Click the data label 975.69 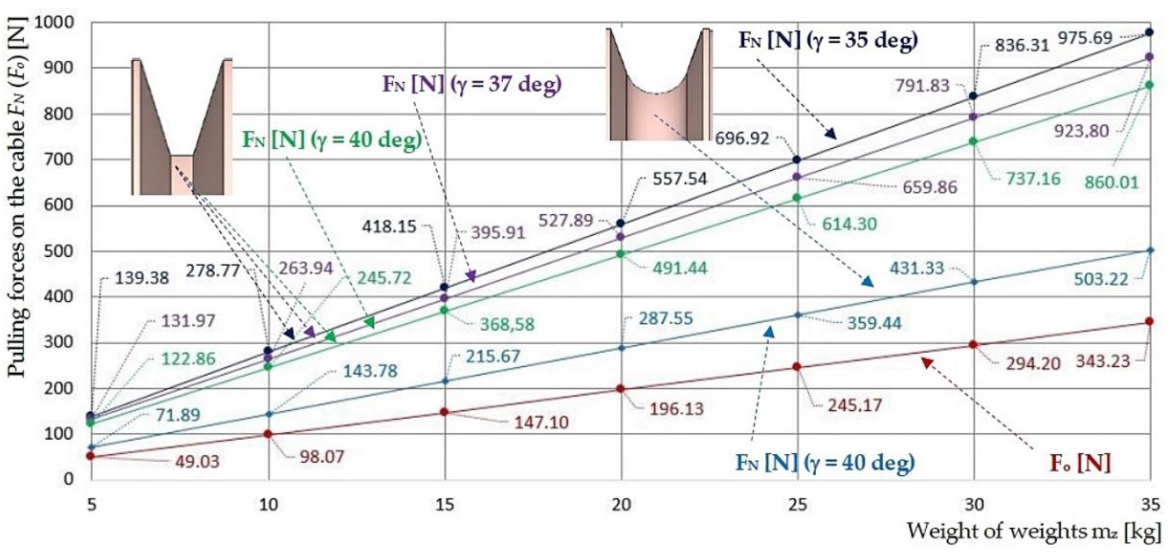(x=1085, y=38)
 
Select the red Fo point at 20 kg (x=621, y=389)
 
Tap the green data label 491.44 (x=680, y=268)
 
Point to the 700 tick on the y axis (x=57, y=160)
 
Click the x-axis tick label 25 (x=797, y=504)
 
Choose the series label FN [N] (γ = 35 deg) (x=828, y=40)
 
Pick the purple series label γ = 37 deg (x=471, y=84)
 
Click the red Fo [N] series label (x=1080, y=463)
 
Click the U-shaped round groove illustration (x=659, y=84)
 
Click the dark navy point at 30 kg (x=973, y=96)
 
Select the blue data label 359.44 (x=874, y=323)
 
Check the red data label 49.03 (x=197, y=462)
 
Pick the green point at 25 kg (x=797, y=198)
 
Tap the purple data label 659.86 (x=929, y=187)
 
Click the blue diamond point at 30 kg (x=973, y=282)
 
